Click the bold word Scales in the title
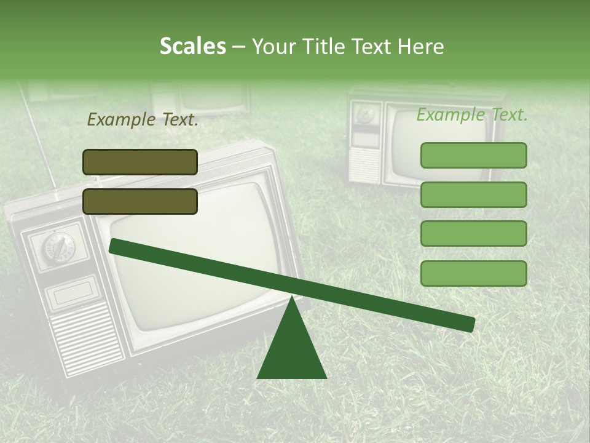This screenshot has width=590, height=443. tap(192, 46)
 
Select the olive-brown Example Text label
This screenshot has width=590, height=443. tap(143, 120)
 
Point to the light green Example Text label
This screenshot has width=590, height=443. tap(472, 114)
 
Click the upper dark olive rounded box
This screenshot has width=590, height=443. tap(140, 162)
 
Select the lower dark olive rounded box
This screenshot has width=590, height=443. tap(140, 201)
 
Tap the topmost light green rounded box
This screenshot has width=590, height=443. tap(473, 155)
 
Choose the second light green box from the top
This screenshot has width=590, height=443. tap(473, 194)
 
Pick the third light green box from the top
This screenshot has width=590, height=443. tap(473, 234)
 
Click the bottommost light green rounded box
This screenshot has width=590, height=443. tap(473, 273)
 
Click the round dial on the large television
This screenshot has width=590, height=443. tap(57, 247)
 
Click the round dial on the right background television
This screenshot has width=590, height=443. tap(367, 114)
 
